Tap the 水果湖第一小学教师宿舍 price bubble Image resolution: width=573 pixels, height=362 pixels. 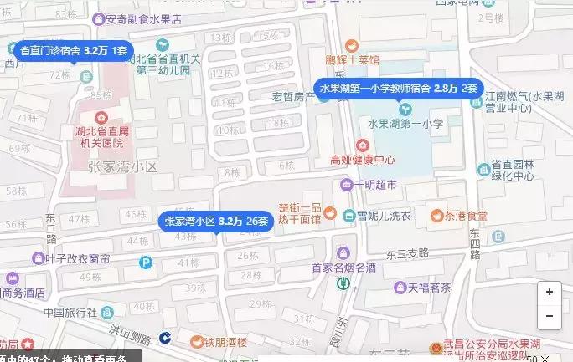point(398,88)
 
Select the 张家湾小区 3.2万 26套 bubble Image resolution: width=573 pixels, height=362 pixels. point(217,222)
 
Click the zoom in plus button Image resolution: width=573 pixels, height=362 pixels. point(549,293)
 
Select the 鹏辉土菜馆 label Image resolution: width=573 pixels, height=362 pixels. point(353,60)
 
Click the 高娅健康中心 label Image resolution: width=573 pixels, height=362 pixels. point(363,160)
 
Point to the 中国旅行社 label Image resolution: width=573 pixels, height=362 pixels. point(72,313)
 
